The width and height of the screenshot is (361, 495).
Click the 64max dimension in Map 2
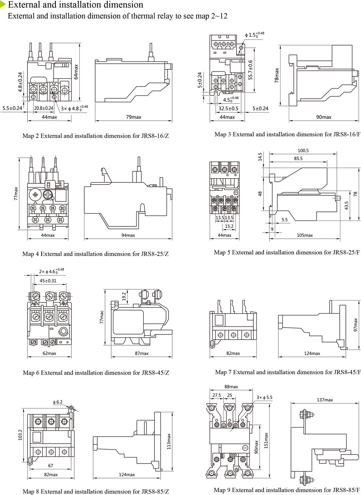(x=76, y=72)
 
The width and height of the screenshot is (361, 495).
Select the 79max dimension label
(x=134, y=117)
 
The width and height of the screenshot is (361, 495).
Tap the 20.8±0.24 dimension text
(x=44, y=108)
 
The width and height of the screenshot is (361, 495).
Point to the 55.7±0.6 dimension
(x=250, y=70)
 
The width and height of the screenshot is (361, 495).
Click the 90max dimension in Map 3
(x=324, y=117)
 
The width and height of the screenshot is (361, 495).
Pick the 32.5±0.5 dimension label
(x=229, y=108)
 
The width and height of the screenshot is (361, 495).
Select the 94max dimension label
(x=128, y=235)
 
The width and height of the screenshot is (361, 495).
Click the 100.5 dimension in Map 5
(x=303, y=151)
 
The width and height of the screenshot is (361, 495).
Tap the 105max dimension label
(x=305, y=235)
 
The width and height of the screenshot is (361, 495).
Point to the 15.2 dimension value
(x=229, y=226)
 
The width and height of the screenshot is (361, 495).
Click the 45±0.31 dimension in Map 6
(x=48, y=281)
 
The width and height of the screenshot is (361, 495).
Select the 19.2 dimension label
(x=124, y=296)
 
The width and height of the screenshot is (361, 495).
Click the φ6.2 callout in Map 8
(x=58, y=402)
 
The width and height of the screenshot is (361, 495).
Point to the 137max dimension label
(x=325, y=400)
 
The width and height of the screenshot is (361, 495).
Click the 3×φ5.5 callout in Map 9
(x=264, y=397)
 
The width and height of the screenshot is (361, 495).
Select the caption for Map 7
(x=288, y=372)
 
